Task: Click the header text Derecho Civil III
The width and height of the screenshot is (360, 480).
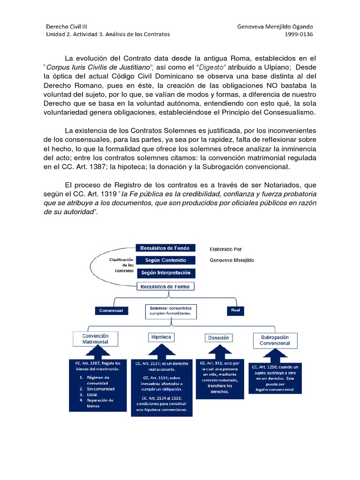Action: [67, 26]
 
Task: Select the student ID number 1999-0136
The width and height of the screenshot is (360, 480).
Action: [299, 34]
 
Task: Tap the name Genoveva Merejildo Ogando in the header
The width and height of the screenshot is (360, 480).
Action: [276, 26]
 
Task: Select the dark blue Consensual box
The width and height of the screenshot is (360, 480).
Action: [111, 310]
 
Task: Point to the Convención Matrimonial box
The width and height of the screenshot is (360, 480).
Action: [96, 339]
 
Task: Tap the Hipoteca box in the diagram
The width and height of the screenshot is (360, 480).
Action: [161, 337]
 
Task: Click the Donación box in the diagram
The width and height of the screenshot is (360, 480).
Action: [219, 337]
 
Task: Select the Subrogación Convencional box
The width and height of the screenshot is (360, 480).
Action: [275, 340]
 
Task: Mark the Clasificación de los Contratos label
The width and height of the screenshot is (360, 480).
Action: [121, 265]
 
